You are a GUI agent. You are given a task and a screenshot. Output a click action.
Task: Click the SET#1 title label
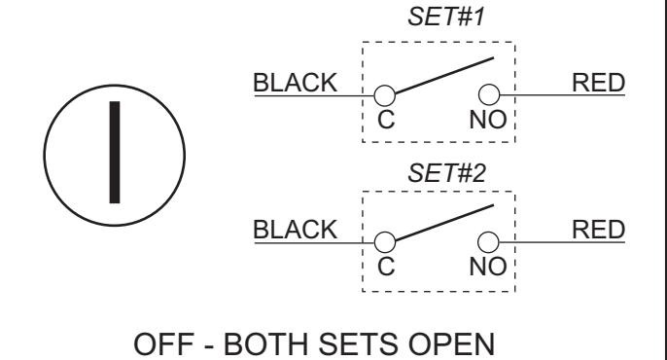pos(446,18)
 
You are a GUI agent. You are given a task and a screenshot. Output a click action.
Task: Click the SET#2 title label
pos(446,173)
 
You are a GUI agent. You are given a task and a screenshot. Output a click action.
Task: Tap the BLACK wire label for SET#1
pos(296,83)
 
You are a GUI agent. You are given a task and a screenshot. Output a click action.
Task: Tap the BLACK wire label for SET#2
pos(296,230)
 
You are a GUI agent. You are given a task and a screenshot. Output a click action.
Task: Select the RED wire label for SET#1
pos(599,83)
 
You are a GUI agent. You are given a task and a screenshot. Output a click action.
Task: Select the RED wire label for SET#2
pos(599,230)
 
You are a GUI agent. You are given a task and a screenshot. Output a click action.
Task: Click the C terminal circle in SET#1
pos(385,95)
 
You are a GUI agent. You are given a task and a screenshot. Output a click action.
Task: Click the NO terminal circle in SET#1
pos(489,94)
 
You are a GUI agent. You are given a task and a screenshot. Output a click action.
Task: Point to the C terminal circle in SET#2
pos(385,242)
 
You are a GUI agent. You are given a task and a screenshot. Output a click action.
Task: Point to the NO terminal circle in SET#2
pos(488,242)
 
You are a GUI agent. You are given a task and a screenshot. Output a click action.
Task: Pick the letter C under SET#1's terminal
pos(386,120)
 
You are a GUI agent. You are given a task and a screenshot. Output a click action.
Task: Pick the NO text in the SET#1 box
pos(488,120)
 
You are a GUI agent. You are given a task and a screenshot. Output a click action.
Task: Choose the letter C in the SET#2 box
pos(386,267)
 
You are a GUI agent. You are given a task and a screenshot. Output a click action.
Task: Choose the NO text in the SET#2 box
pos(488,267)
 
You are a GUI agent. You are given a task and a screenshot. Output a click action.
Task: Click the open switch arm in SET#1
pos(444,75)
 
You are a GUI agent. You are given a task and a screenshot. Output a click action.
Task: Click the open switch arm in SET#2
pos(444,223)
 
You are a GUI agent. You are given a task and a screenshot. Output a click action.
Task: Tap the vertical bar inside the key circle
pos(115,153)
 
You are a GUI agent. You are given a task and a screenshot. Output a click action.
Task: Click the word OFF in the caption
pos(164,343)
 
